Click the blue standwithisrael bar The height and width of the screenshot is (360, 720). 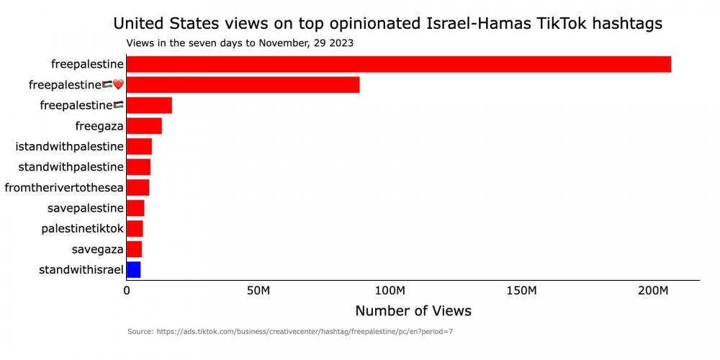(x=133, y=270)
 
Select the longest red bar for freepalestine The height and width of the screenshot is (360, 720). (x=398, y=64)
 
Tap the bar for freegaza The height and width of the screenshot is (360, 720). (x=143, y=126)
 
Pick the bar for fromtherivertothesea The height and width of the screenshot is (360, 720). (x=138, y=188)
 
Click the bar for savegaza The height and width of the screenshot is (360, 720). (x=134, y=249)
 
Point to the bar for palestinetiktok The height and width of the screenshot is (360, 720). (x=135, y=229)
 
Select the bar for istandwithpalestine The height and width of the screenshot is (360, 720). (x=139, y=147)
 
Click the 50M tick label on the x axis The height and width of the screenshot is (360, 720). (x=258, y=291)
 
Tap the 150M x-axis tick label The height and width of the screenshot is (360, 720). (x=522, y=291)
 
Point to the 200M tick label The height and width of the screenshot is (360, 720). (x=654, y=291)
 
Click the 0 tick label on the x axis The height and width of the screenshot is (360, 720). (x=127, y=291)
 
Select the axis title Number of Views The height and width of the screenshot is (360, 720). (x=413, y=311)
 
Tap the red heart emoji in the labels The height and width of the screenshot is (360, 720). (x=119, y=85)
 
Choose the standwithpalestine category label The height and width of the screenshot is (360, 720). (x=71, y=167)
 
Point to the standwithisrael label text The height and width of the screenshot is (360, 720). (x=81, y=270)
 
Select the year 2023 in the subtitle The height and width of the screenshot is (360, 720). (x=341, y=42)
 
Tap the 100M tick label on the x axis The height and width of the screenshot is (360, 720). (x=390, y=291)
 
